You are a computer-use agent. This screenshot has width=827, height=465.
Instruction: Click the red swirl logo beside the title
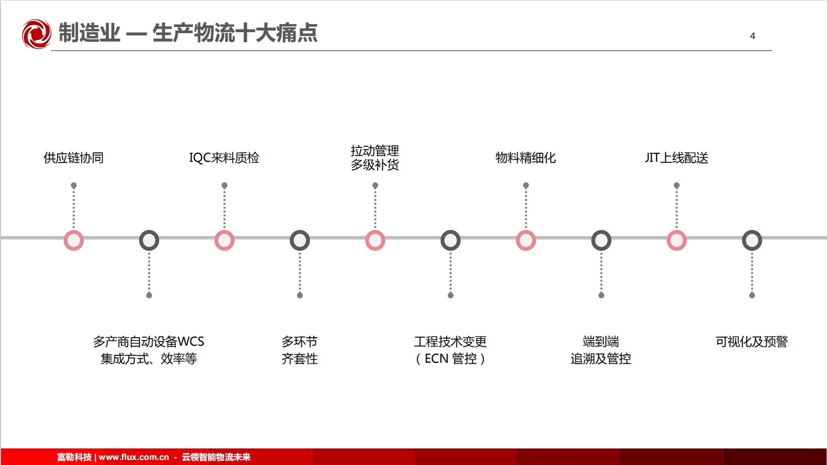tap(37, 34)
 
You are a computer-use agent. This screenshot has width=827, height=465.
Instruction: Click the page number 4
tap(752, 36)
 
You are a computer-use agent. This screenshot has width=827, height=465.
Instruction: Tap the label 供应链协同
tap(74, 157)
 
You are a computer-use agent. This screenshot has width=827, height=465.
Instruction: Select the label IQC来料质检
tap(224, 157)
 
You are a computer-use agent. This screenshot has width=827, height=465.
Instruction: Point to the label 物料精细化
tap(526, 157)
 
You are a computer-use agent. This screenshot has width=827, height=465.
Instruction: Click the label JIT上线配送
tap(676, 157)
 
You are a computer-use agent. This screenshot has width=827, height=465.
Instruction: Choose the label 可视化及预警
tap(752, 341)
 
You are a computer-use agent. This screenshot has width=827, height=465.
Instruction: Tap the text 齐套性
tap(300, 358)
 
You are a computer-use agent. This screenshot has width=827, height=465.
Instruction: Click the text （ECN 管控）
tap(451, 358)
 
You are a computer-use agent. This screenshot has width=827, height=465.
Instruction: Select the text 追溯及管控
tap(601, 358)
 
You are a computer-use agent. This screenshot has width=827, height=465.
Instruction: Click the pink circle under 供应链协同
tap(74, 240)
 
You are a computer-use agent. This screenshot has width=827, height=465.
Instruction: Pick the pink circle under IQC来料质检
tap(225, 240)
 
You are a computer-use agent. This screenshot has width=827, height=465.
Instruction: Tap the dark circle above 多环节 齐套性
tap(300, 240)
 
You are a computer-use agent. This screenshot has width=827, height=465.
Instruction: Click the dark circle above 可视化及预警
tap(752, 240)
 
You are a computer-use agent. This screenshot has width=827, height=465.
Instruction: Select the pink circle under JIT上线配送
tap(677, 240)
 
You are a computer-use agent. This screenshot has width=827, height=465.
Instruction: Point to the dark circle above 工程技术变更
tap(451, 240)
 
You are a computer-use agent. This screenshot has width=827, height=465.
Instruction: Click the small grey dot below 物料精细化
tap(526, 185)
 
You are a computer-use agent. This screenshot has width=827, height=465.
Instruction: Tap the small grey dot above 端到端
tap(601, 295)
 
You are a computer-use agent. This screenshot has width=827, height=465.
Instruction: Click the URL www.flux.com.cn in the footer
tap(134, 457)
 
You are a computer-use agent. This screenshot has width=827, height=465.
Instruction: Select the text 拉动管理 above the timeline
tap(375, 150)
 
